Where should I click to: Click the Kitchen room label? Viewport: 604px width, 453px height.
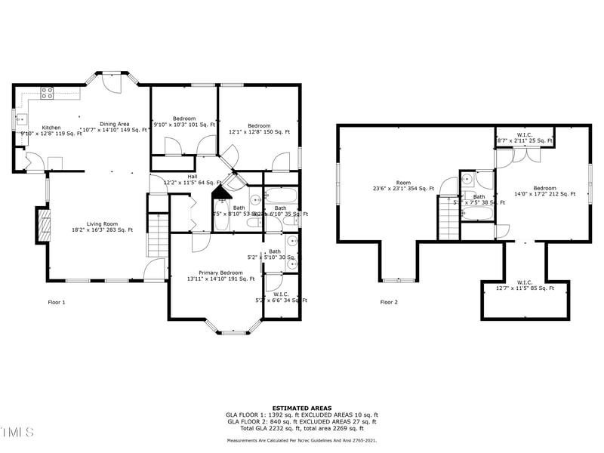[51, 131]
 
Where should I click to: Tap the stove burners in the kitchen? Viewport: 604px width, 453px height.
[47, 94]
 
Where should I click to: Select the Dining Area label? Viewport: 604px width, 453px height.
[115, 127]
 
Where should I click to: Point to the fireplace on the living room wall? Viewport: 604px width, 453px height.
[44, 225]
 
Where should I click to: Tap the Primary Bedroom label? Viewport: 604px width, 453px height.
[220, 276]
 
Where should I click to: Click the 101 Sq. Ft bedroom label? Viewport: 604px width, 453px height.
[184, 122]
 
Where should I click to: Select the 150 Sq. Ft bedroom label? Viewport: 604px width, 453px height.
[259, 129]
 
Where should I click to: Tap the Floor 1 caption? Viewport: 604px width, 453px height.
[57, 302]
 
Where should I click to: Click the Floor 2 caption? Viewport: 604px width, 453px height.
[389, 302]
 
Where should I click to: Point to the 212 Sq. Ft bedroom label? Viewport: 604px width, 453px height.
[544, 191]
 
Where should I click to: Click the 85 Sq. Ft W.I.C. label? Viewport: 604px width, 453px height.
[525, 285]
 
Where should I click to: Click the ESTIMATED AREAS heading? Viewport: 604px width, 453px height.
[301, 408]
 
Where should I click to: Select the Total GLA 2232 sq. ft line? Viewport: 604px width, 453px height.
[301, 428]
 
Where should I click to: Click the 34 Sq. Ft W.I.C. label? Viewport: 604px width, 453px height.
[281, 297]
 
